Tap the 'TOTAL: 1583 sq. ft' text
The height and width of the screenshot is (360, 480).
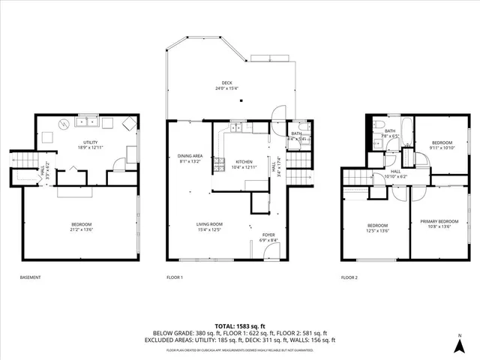[x=239, y=325]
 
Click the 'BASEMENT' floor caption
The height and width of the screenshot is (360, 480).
[x=31, y=277]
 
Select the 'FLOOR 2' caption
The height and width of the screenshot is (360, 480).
[x=349, y=277]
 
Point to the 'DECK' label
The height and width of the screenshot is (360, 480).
[x=227, y=82]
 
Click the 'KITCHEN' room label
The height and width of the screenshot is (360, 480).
[x=244, y=161]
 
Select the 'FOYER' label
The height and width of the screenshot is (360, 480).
[x=268, y=235]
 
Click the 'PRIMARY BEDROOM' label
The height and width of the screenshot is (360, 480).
[x=439, y=221]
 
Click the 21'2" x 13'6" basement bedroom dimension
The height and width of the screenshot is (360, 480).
[x=81, y=229]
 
